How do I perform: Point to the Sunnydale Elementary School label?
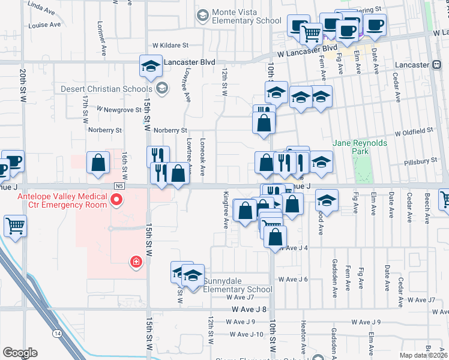tap(238, 285)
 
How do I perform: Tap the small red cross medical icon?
tap(136, 261)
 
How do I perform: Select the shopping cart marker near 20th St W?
tap(15, 226)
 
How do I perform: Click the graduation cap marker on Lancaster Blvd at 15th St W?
tap(151, 65)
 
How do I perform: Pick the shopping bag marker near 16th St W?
tap(98, 162)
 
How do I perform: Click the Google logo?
tap(20, 353)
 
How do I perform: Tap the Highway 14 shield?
tap(58, 333)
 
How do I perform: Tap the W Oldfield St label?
tap(414, 130)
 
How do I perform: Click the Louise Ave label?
tap(44, 25)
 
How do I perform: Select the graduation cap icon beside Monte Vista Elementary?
tap(202, 14)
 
